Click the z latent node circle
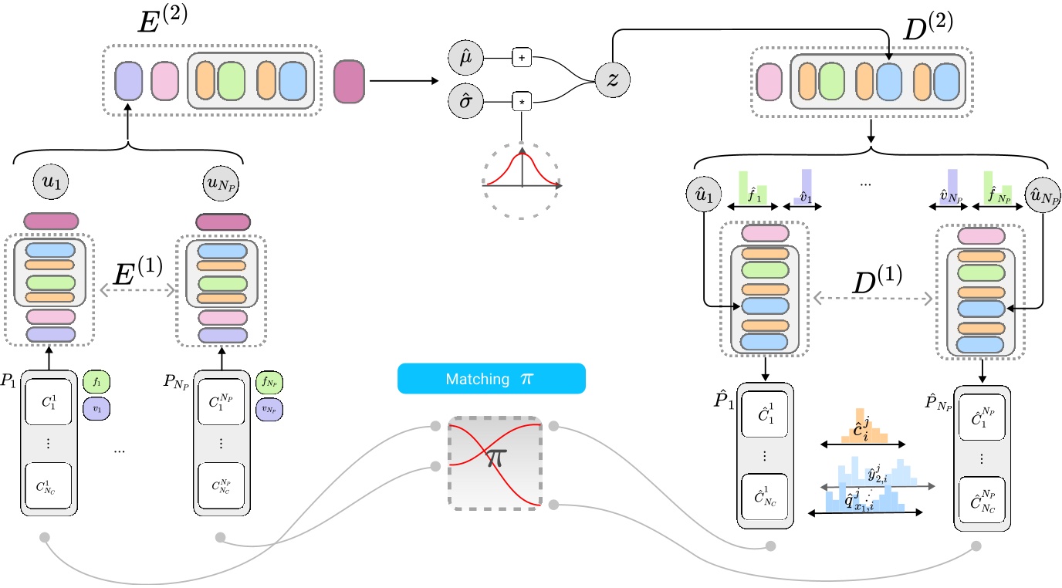coord(611,79)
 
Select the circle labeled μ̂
coord(465,59)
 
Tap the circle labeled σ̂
coord(465,101)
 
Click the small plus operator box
coord(523,59)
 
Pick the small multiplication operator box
coord(523,101)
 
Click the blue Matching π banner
coord(491,380)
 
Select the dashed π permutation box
coord(494,461)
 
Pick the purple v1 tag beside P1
coord(97,407)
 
